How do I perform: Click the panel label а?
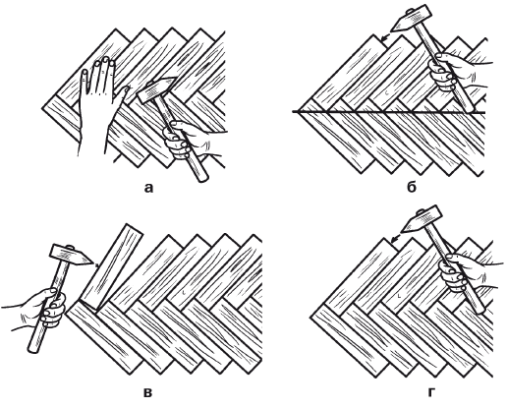(x=148, y=188)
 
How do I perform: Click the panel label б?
(x=412, y=187)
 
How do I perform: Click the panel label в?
(x=148, y=392)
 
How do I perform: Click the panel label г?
(x=432, y=392)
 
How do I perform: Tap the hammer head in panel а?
(x=157, y=89)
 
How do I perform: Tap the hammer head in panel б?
(x=410, y=19)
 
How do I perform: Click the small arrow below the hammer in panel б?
(x=385, y=37)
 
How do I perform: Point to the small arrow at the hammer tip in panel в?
(x=95, y=265)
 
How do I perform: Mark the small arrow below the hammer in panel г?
(x=396, y=238)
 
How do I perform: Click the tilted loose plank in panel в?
(x=111, y=266)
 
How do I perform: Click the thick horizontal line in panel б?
(x=388, y=112)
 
